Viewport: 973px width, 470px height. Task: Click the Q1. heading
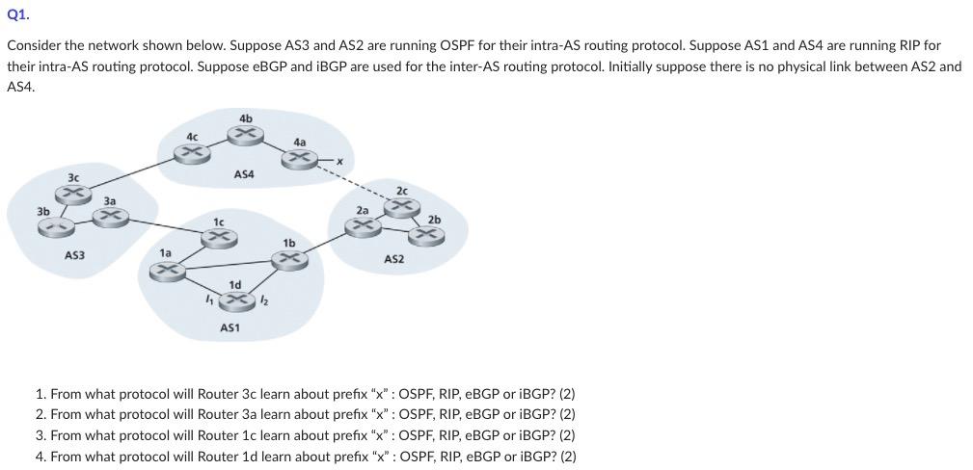pyautogui.click(x=17, y=14)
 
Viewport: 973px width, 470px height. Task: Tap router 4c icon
pyautogui.click(x=195, y=151)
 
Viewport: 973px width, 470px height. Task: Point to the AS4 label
pyautogui.click(x=244, y=174)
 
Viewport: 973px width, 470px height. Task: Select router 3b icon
pyautogui.click(x=54, y=227)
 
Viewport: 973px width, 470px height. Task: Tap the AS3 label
pyautogui.click(x=74, y=255)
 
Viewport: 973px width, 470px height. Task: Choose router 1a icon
pyautogui.click(x=166, y=273)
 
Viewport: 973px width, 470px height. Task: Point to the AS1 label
pyautogui.click(x=230, y=327)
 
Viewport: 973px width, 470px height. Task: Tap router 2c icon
pyautogui.click(x=400, y=205)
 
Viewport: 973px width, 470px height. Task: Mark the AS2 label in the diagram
pyautogui.click(x=393, y=259)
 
